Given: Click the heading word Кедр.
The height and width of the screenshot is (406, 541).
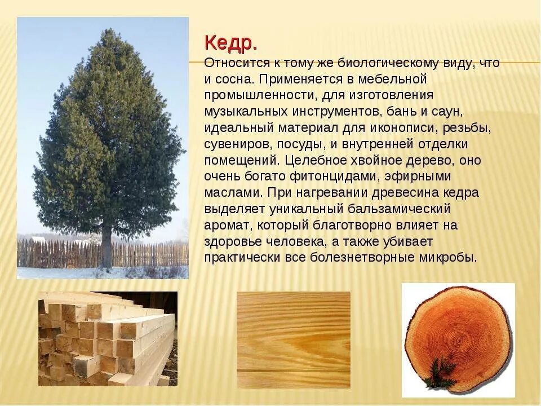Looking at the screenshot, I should click(x=231, y=42).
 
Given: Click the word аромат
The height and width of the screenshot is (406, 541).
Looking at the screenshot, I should click(x=225, y=226).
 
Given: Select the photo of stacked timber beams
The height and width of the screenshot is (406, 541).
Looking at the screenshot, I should click(x=107, y=338).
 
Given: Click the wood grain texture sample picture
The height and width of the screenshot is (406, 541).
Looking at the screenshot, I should click(x=293, y=339).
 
